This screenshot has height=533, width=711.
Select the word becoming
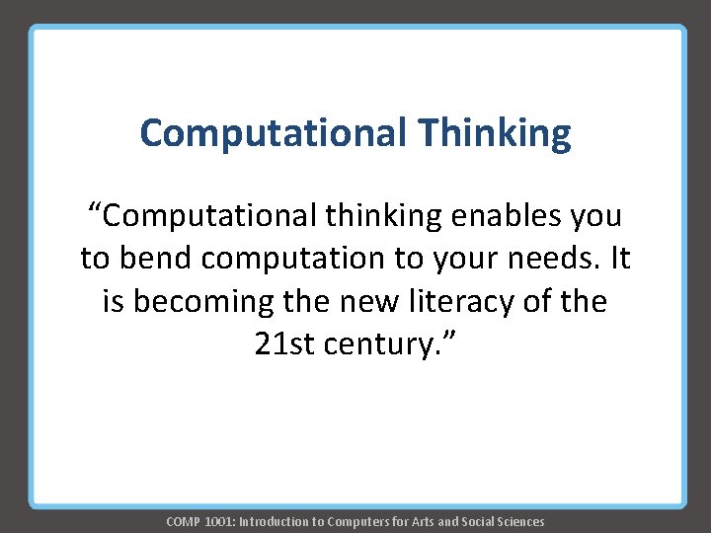(197, 301)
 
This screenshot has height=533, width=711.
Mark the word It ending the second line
(619, 258)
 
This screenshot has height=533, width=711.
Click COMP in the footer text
(183, 521)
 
